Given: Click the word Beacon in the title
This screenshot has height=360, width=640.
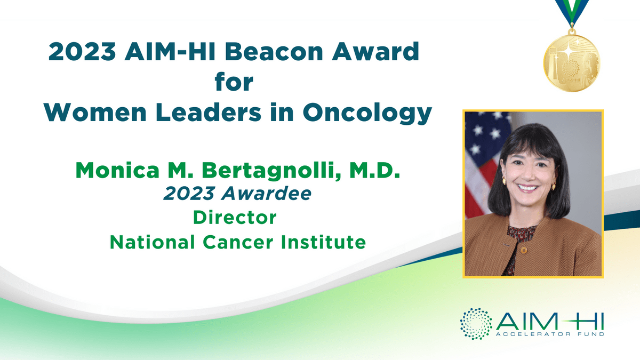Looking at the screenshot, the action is (274, 52).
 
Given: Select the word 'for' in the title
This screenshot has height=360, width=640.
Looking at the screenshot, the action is (234, 82).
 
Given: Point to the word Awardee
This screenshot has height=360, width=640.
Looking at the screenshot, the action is (266, 194).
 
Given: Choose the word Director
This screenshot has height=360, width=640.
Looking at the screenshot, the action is (235, 218).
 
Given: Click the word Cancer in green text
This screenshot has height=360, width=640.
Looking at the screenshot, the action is (238, 242).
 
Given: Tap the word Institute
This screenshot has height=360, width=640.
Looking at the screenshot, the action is (323, 242).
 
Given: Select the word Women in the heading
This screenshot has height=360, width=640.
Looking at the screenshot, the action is (95, 113).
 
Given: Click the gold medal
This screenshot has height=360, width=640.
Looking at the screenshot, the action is (572, 63).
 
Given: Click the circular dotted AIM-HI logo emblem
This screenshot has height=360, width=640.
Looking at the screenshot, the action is (476, 324).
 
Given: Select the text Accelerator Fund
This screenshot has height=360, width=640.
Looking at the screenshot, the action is (550, 334).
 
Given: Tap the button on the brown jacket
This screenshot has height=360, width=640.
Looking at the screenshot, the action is (523, 251).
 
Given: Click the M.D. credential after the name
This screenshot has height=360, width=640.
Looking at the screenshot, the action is (374, 170).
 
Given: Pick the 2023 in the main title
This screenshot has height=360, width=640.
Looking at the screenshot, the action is (82, 52).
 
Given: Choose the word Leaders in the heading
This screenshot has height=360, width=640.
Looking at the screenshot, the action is (209, 113).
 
